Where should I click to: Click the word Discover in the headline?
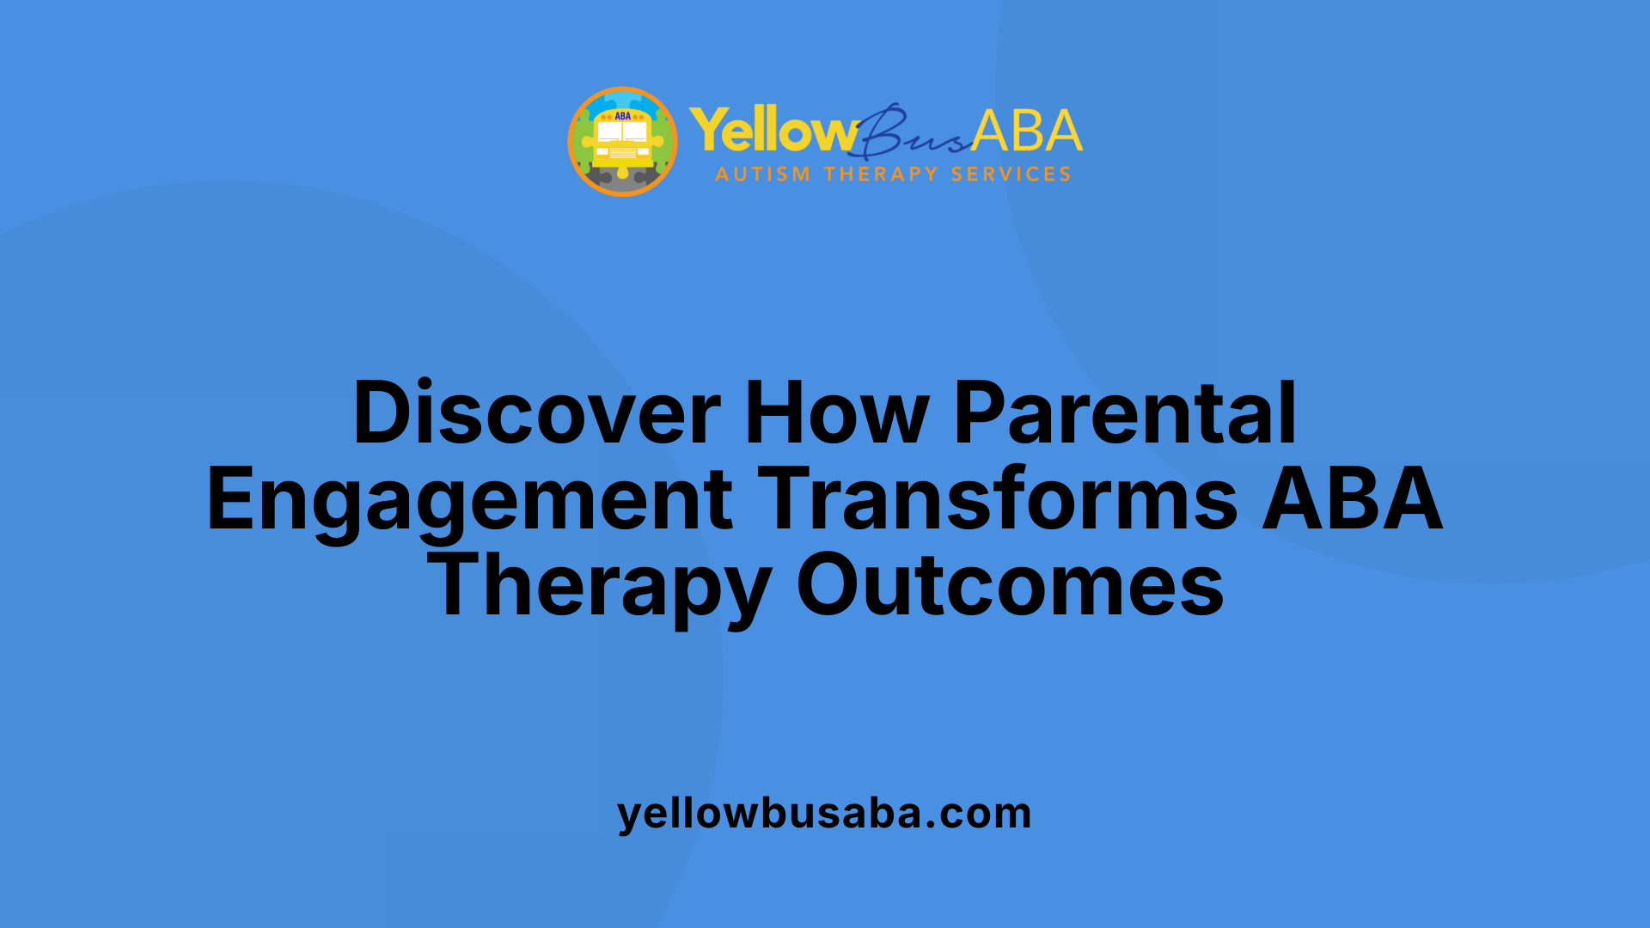536,413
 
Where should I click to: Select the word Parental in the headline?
1125,413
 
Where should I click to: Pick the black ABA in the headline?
1352,499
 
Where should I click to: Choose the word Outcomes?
1010,585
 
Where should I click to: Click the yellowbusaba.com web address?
824,813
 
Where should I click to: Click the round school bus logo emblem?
623,141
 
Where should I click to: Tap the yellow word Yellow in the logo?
771,131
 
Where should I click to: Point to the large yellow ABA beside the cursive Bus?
1027,131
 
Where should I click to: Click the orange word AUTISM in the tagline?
762,174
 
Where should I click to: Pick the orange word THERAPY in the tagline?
881,174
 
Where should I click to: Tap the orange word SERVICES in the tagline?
1011,174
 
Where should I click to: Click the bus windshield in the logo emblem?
623,131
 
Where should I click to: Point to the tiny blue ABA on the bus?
623,116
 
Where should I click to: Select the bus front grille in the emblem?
623,153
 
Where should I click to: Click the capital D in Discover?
379,413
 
